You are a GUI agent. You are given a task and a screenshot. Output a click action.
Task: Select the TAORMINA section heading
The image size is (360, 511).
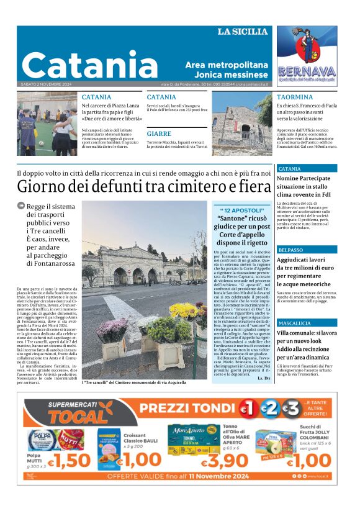click(x=295, y=97)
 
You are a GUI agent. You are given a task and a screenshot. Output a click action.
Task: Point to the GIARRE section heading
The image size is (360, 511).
click(x=159, y=134)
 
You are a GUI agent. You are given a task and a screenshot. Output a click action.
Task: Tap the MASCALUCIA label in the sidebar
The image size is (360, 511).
click(x=295, y=323)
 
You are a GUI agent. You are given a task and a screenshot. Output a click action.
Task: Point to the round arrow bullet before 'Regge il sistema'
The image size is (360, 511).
click(x=20, y=207)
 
